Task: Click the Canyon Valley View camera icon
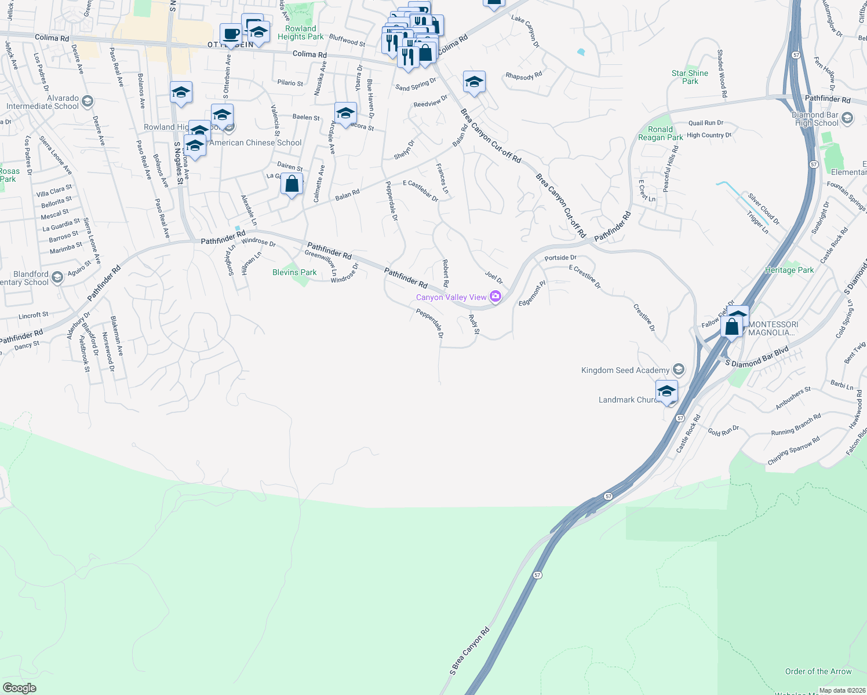click(495, 297)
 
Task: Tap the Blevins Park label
click(294, 272)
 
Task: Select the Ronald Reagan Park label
click(660, 133)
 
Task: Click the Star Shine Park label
click(690, 77)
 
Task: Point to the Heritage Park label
click(789, 270)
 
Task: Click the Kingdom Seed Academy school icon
click(679, 370)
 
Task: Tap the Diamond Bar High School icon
click(847, 119)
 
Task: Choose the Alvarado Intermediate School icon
click(87, 102)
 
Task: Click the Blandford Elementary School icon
click(57, 277)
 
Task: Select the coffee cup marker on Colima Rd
click(231, 34)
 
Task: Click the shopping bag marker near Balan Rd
click(292, 184)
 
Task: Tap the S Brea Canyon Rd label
click(469, 651)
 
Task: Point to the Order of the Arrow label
click(818, 671)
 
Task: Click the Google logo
click(20, 688)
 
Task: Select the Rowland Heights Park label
click(300, 32)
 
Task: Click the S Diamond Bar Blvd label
click(757, 357)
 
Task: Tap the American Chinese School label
click(256, 142)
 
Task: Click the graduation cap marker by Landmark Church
click(666, 391)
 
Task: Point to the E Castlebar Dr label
click(421, 191)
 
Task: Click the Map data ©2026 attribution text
click(842, 690)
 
